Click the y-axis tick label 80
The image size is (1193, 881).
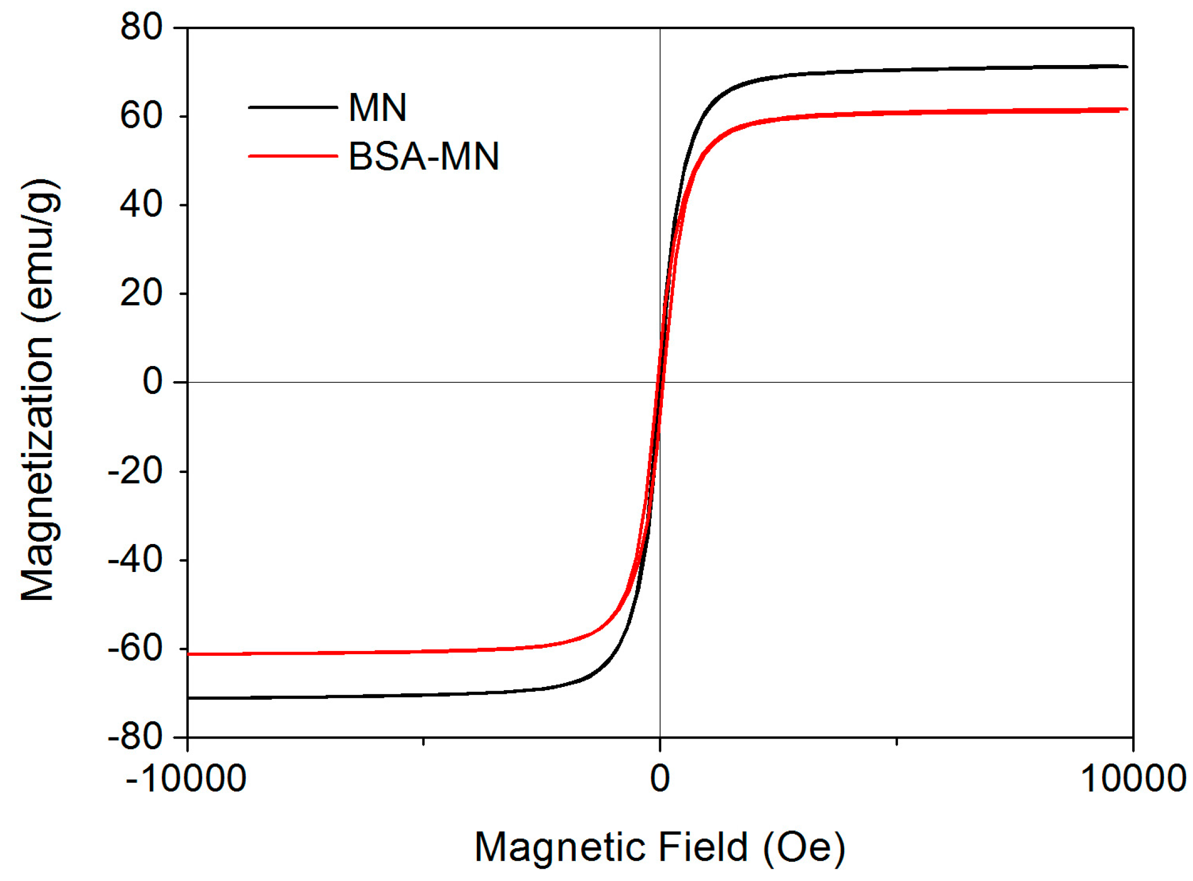(141, 27)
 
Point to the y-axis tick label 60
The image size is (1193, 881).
(141, 116)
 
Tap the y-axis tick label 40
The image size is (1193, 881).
(141, 204)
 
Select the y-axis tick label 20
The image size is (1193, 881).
(141, 293)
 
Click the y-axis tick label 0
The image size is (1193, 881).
(152, 382)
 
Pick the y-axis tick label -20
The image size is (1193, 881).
(135, 471)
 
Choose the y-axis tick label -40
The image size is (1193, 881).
(135, 560)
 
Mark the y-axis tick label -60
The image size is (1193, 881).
(135, 648)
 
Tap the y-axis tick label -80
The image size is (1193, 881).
(135, 736)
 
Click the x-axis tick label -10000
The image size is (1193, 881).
(185, 778)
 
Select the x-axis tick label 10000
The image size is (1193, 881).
(1133, 778)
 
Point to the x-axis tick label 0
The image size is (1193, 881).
(660, 778)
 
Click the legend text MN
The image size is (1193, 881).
(377, 108)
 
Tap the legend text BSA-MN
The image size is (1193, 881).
(424, 156)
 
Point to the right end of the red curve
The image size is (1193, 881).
(1126, 109)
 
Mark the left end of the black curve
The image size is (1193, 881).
(189, 698)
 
